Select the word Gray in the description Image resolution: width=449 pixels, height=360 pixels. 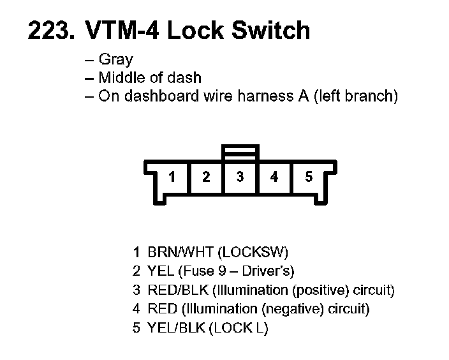coord(116,61)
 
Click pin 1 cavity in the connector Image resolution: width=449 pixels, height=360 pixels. coord(172,177)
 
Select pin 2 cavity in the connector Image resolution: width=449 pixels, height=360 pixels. coord(205,177)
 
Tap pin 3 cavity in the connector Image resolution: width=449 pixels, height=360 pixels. coord(240,177)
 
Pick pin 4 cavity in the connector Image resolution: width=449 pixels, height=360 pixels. coord(274,177)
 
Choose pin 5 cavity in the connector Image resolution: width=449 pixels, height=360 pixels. coord(309,177)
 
